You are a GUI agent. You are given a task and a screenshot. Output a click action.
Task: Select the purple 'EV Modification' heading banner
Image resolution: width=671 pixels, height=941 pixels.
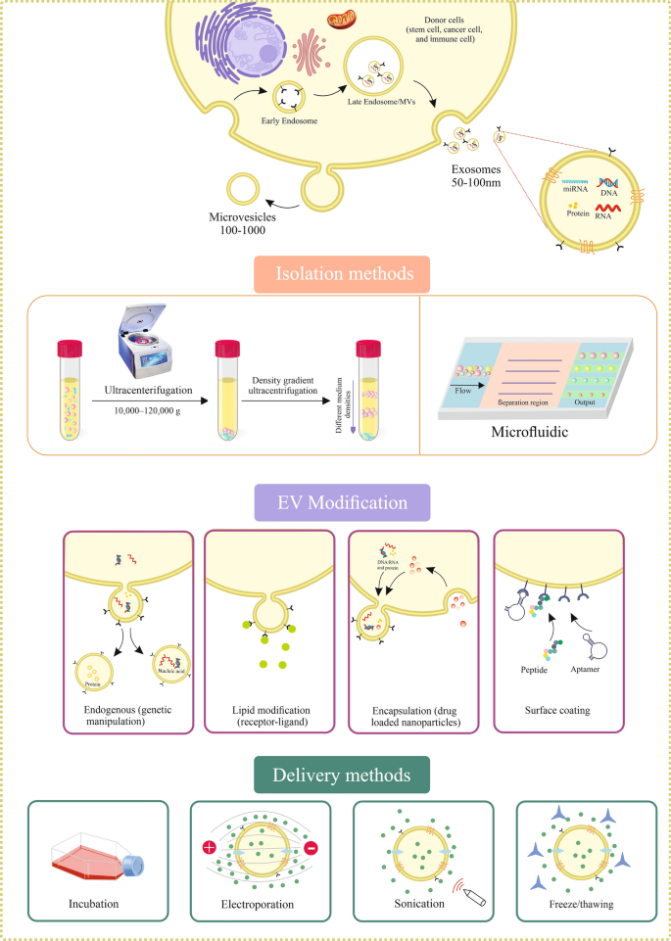click(x=334, y=504)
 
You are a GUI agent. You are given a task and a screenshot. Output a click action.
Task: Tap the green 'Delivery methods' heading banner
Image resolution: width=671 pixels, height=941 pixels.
click(x=335, y=776)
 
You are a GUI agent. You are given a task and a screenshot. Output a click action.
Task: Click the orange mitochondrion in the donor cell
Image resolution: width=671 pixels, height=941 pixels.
click(x=343, y=21)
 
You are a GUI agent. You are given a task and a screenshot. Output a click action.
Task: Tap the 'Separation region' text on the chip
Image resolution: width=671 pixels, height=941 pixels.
click(x=528, y=402)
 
